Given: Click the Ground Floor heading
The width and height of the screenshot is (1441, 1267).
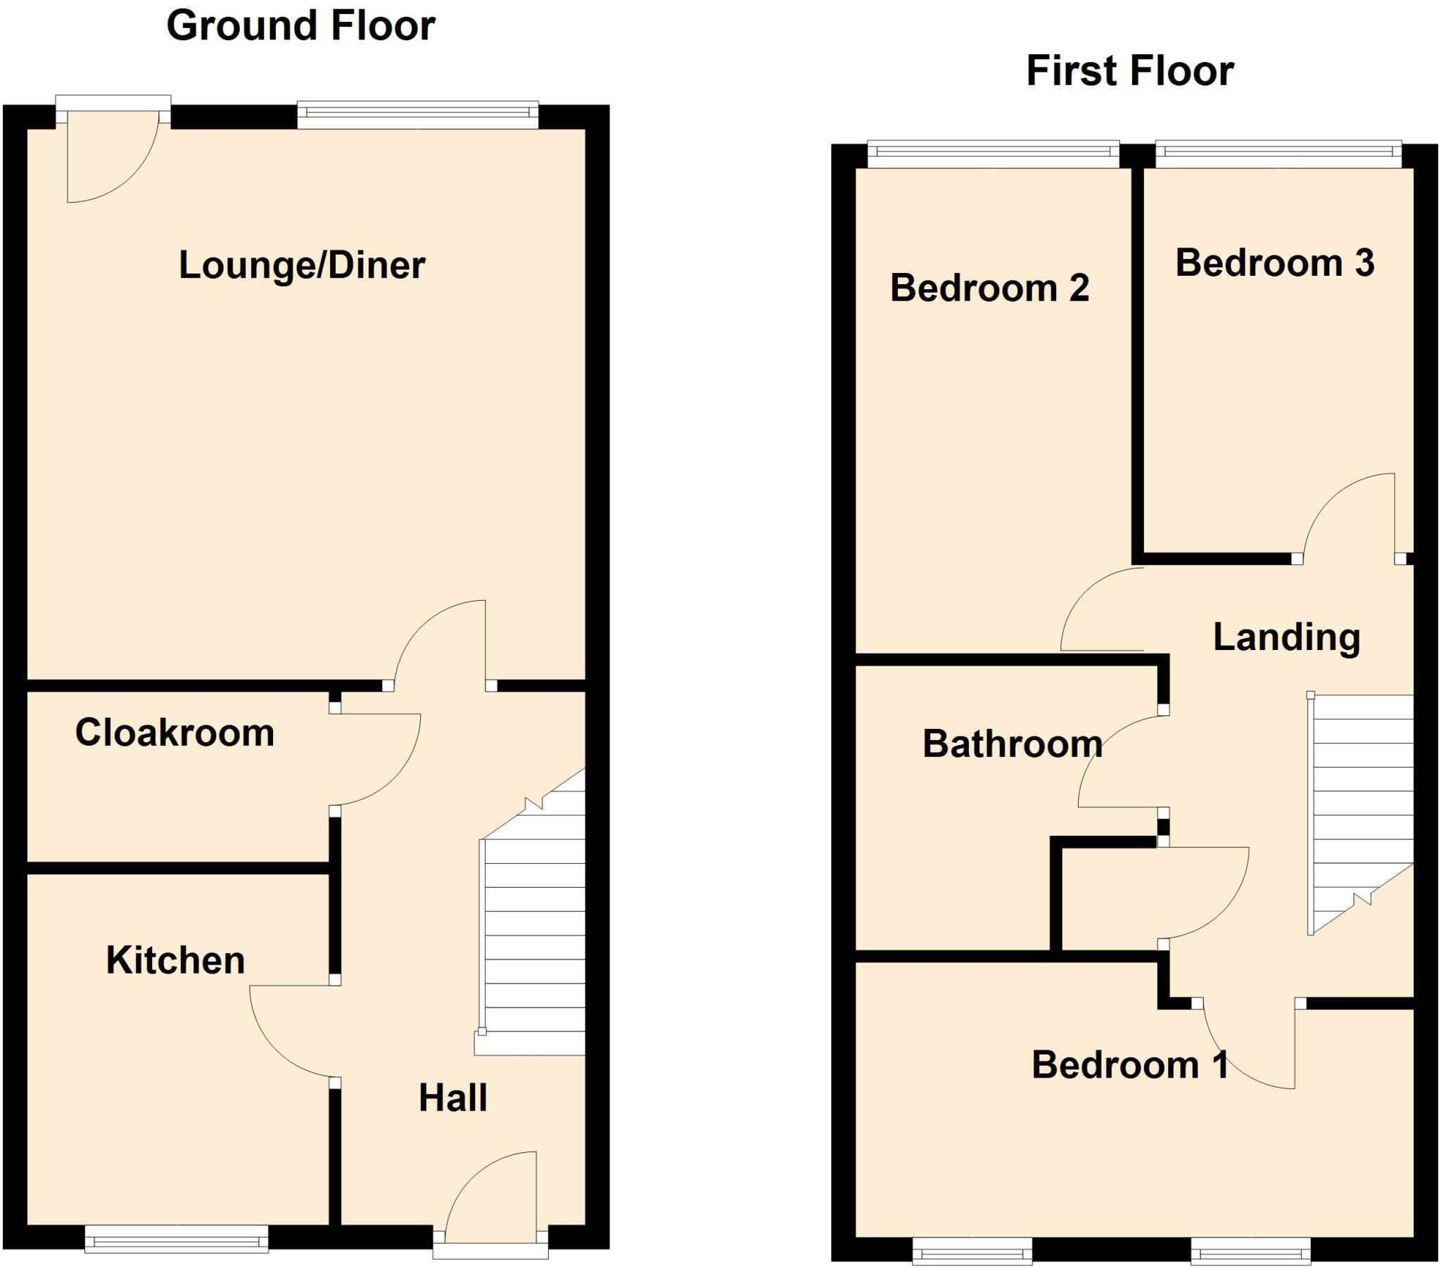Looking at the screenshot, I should pos(300,27).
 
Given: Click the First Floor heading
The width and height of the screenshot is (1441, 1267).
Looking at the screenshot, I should pos(1129,71).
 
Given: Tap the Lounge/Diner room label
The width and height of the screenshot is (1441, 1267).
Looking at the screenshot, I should pos(302,266).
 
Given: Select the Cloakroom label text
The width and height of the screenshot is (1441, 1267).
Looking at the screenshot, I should pos(174,732).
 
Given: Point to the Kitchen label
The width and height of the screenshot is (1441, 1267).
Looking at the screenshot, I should pos(174,960).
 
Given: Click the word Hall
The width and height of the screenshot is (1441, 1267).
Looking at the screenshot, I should pos(452,1097).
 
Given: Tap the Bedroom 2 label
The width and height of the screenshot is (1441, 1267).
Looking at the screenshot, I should pos(989,288).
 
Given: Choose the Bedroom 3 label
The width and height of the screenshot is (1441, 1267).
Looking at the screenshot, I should pos(1275,263).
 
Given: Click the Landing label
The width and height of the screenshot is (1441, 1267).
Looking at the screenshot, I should pos(1286,637).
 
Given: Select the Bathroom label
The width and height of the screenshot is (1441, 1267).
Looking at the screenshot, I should pos(1012,744).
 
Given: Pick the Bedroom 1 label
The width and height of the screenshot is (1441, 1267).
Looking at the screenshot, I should pos(1129,1064).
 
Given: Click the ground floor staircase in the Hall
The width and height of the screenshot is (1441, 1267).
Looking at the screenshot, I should pos(533,938).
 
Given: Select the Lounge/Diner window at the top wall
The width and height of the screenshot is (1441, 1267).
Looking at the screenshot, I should pos(417,115).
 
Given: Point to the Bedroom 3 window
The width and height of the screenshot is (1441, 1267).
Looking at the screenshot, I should pos(1278,154).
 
